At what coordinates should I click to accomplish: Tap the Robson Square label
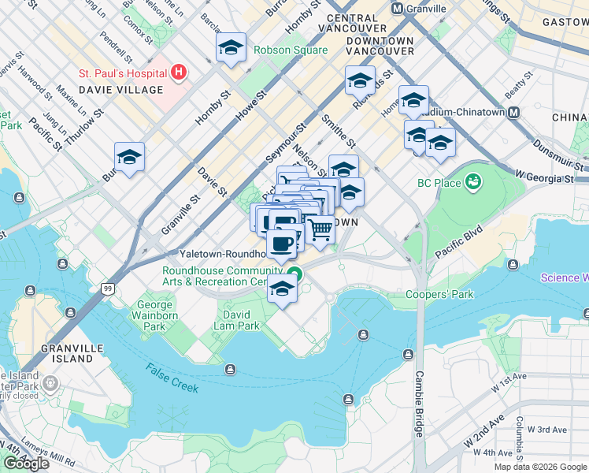click(x=290, y=50)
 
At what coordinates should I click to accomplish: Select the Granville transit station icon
click(x=398, y=9)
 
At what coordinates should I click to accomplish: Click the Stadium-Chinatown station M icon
click(x=513, y=112)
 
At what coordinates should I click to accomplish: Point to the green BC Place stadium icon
click(x=472, y=183)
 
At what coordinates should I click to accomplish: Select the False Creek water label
click(x=172, y=379)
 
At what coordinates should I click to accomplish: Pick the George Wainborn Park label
click(x=155, y=315)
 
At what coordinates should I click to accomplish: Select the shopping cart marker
click(x=320, y=229)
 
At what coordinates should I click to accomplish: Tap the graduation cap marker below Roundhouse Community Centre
click(x=283, y=289)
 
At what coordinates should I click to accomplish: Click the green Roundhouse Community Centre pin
click(x=294, y=275)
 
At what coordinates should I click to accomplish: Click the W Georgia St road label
click(x=546, y=177)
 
